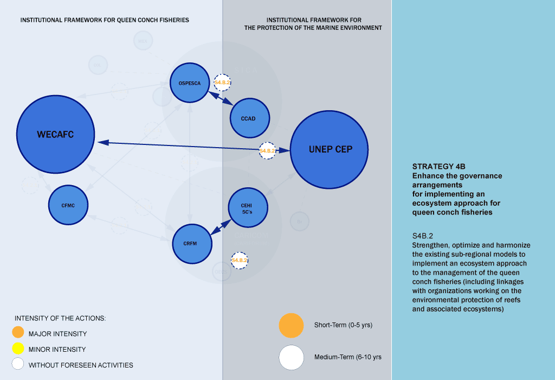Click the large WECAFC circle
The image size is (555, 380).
[55, 135]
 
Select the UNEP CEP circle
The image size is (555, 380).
[330, 150]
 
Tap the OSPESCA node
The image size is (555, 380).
[190, 83]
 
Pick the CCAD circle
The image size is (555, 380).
[250, 118]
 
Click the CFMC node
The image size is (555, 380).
[68, 205]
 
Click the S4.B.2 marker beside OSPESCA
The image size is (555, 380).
[223, 83]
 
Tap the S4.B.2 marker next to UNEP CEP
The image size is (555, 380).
[268, 150]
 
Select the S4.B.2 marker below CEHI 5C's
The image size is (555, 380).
[240, 261]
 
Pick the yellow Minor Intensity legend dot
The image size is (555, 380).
[18, 349]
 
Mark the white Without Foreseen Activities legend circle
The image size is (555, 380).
[18, 364]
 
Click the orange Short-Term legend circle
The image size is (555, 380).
[291, 325]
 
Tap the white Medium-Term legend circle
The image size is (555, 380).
[291, 357]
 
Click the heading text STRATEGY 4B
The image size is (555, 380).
[439, 167]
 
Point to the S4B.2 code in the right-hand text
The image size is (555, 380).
[423, 237]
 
